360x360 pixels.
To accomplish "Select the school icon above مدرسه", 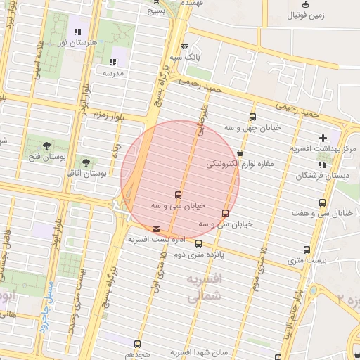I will [112, 62].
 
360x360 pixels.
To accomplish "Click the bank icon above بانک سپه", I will [185, 46].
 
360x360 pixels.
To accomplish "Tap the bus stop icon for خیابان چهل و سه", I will [252, 117].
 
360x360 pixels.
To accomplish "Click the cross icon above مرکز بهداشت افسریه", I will [323, 138].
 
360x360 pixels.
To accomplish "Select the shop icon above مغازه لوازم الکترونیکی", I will [240, 153].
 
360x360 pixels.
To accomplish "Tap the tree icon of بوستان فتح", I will [46, 145].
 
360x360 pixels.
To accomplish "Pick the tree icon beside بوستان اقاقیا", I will [86, 162].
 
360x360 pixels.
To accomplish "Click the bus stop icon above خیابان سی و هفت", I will [322, 202].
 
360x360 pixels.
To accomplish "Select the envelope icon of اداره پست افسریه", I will [156, 229].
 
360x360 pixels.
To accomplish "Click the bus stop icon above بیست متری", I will [307, 250].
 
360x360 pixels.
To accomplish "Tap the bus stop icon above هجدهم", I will [137, 345].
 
